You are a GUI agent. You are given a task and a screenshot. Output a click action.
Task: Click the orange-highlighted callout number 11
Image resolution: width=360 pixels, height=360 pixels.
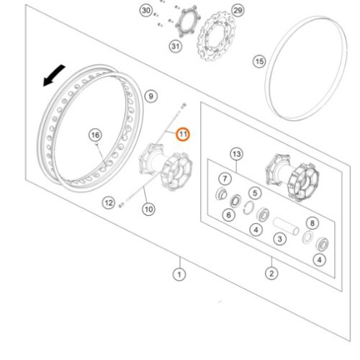[x=183, y=135]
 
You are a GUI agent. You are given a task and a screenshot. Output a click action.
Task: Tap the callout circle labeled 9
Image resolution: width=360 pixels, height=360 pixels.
[x=151, y=96]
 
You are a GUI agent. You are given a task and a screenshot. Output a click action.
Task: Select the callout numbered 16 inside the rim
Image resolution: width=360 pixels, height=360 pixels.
[x=95, y=135]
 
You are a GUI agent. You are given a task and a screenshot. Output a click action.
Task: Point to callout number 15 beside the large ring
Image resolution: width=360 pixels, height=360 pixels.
[x=259, y=61]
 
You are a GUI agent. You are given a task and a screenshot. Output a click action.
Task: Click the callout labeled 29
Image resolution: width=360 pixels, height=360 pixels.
[x=238, y=11]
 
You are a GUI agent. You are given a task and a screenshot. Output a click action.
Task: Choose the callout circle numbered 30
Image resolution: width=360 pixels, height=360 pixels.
[x=146, y=11]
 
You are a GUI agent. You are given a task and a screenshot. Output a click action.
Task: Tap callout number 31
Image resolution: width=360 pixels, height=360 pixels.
[x=176, y=46]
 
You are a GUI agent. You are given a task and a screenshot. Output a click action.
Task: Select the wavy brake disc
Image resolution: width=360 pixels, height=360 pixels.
[x=217, y=36]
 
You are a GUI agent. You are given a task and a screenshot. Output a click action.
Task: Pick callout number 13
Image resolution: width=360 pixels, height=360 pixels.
[x=237, y=154]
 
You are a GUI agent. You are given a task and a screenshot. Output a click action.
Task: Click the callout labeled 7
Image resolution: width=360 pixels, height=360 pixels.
[x=225, y=179]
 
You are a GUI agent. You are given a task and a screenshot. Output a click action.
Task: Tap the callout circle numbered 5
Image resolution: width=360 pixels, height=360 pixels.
[x=255, y=193]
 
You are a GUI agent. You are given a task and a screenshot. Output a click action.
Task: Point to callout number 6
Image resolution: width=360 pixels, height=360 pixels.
[x=229, y=215]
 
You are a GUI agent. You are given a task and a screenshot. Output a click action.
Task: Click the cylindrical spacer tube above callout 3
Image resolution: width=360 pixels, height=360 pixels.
[x=286, y=226]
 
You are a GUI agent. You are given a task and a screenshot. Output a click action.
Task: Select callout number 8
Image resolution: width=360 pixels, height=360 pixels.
[x=312, y=223]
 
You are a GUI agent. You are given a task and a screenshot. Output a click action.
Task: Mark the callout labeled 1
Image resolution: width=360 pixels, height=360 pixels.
[x=179, y=274]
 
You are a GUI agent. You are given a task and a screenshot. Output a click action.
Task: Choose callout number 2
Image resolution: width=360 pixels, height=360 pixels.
[x=271, y=274]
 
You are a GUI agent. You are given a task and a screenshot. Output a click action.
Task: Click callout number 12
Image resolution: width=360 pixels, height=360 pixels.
[x=109, y=203]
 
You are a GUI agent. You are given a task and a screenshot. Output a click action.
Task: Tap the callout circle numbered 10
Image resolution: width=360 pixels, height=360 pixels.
[x=148, y=210]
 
